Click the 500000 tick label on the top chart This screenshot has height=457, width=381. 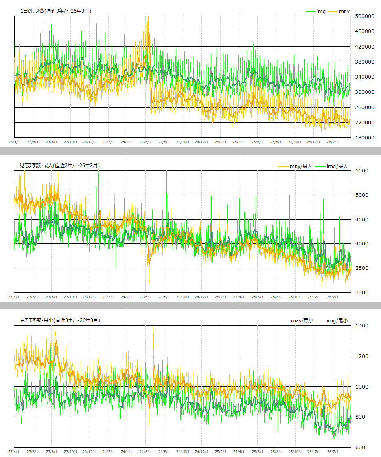point(364,16)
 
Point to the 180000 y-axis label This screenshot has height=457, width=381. point(364,137)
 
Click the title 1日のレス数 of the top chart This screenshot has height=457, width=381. point(55,11)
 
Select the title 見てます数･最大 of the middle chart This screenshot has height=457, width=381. point(59,165)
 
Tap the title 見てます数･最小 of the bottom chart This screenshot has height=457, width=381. point(59,320)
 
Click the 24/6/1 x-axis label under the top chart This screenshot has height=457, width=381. point(145,142)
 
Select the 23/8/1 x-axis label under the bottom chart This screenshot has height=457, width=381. point(52,451)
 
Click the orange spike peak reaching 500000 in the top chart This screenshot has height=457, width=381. point(148,17)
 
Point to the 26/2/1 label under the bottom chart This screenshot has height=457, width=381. point(333,451)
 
